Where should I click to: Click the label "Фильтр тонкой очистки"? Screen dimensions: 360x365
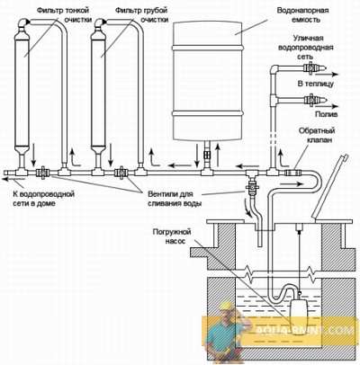point(64,15)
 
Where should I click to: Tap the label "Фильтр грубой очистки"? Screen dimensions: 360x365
point(141,15)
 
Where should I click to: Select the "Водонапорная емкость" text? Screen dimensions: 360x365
point(302,15)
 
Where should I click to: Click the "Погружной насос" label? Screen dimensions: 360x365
point(172,236)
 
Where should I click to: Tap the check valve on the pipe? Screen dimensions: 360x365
point(292,173)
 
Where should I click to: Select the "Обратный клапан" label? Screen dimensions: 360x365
point(317,135)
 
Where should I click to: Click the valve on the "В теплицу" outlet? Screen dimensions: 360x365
point(311,68)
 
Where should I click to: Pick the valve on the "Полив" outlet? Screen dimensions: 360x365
point(311,100)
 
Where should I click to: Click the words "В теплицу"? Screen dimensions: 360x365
point(315,84)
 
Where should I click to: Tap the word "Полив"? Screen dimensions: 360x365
point(327,114)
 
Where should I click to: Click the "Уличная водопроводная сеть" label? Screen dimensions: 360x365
point(306,48)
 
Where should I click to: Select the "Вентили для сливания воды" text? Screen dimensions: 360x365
point(175,199)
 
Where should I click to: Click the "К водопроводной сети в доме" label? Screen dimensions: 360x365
point(43,199)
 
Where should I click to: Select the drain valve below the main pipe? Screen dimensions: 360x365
point(251,187)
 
